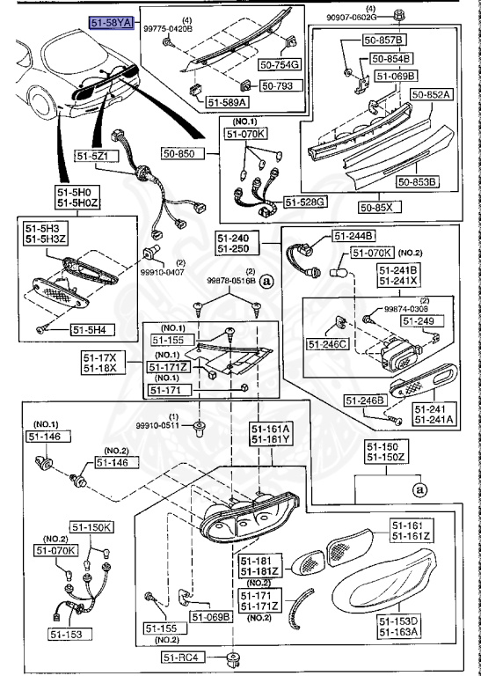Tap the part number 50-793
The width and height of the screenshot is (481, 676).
tap(281, 86)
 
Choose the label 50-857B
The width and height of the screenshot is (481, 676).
tap(386, 41)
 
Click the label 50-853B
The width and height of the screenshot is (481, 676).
tap(417, 182)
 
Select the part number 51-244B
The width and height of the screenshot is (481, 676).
tap(353, 236)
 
